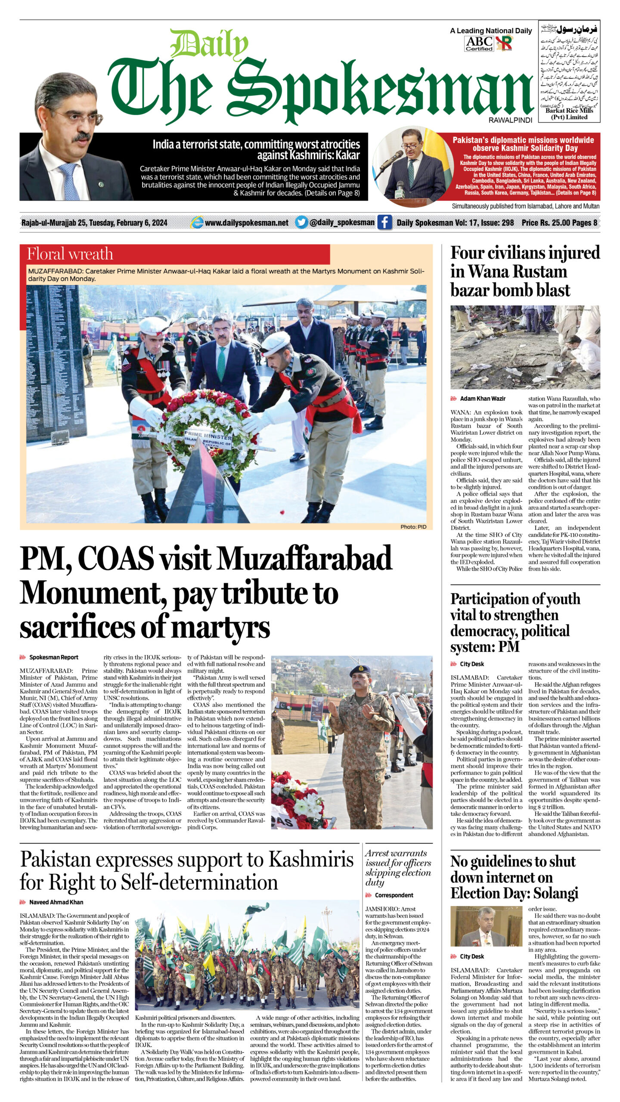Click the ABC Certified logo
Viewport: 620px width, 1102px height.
[479, 43]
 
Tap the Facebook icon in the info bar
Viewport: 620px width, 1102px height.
[384, 223]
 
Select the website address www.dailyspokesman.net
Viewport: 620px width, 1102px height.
[246, 223]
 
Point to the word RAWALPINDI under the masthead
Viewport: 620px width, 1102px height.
[510, 120]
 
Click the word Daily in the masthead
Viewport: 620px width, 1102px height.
[209, 45]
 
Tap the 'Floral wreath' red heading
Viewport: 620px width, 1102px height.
[70, 254]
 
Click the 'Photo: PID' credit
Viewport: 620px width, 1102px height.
[413, 526]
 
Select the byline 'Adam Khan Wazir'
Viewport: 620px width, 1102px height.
[483, 399]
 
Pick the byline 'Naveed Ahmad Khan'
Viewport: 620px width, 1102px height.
[56, 902]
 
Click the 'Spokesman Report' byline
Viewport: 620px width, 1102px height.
[54, 657]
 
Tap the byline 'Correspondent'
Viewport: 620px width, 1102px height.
[394, 895]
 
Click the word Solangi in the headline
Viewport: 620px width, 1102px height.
[555, 893]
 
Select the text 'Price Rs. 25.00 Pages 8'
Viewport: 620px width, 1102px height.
[559, 223]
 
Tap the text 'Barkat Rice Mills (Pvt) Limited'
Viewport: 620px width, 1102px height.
[569, 114]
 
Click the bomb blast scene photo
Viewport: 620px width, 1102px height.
[525, 347]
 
